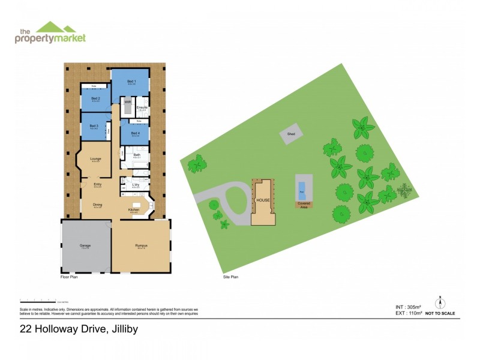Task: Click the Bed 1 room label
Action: (131, 81)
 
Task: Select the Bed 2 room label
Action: (95, 98)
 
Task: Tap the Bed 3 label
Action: (94, 126)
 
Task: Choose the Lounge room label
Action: (95, 159)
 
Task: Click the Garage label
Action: (85, 245)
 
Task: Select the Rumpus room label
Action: (142, 245)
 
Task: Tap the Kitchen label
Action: (134, 210)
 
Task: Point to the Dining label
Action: (97, 205)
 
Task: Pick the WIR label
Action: (127, 103)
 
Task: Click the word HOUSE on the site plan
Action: (263, 200)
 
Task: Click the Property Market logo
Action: (50, 32)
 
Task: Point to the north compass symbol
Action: (440, 301)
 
